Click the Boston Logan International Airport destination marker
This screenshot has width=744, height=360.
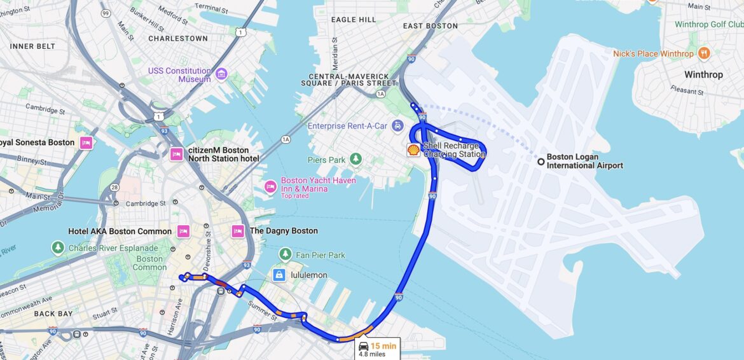(x=541, y=162)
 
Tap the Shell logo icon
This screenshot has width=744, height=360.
(x=413, y=150)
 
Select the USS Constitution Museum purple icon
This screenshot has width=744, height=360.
(x=221, y=75)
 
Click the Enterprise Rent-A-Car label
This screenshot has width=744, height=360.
(x=347, y=126)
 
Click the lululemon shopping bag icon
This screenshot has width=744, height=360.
(x=279, y=275)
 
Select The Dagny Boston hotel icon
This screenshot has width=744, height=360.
(x=238, y=231)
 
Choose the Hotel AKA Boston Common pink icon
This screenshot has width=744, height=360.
(x=184, y=231)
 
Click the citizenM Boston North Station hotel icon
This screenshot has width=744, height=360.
(x=177, y=154)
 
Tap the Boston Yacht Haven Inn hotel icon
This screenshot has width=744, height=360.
(x=270, y=186)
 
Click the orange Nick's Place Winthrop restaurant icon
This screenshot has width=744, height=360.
(x=703, y=53)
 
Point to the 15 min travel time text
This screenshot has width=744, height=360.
(x=383, y=346)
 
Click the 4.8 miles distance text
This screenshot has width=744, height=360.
(x=372, y=354)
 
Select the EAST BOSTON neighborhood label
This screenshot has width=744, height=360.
(x=431, y=26)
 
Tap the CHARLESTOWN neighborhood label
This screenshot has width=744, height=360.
(x=178, y=39)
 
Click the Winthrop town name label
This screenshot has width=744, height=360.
(x=703, y=75)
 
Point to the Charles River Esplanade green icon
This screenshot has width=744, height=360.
(x=58, y=247)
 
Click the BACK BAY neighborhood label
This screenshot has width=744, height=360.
(x=54, y=314)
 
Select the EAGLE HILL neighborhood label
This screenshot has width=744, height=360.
(x=354, y=20)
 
